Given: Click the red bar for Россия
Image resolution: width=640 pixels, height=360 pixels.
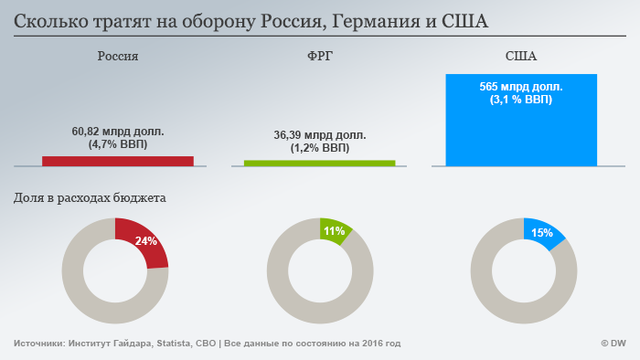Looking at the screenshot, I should (x=118, y=161).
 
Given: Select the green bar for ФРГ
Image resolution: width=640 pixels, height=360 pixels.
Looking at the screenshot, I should (x=319, y=163).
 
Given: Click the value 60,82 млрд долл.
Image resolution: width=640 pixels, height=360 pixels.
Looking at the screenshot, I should (x=118, y=132).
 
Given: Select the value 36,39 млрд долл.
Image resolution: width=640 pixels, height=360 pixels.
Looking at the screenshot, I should (x=319, y=135).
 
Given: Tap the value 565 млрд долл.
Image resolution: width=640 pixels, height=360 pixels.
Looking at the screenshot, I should (x=521, y=87).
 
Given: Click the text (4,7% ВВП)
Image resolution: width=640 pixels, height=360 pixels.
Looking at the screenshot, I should (x=118, y=144).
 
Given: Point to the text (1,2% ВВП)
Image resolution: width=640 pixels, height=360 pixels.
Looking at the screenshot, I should (x=319, y=148).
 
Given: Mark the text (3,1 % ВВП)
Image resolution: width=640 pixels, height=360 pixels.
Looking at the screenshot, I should (x=521, y=100).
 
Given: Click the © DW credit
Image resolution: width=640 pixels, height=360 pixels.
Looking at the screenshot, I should (x=612, y=344).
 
